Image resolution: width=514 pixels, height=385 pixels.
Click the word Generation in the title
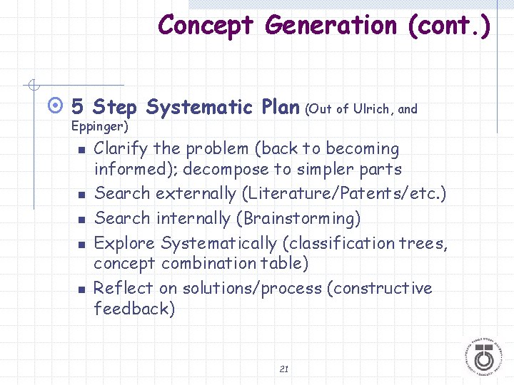pyautogui.click(x=331, y=26)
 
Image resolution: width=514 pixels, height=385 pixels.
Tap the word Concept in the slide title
pyautogui.click(x=206, y=26)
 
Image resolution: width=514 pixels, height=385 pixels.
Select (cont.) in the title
pyautogui.click(x=450, y=26)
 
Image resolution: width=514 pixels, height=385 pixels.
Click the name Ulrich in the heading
pyautogui.click(x=371, y=109)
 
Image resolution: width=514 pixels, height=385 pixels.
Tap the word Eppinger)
pyautogui.click(x=100, y=127)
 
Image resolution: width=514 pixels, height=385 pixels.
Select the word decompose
pyautogui.click(x=233, y=170)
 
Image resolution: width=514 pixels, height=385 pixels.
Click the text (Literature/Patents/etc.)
pyautogui.click(x=343, y=193)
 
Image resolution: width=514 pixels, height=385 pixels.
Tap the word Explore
pyautogui.click(x=125, y=243)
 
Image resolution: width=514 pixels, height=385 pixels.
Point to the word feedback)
pyautogui.click(x=134, y=309)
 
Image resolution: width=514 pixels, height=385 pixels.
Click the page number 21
pyautogui.click(x=284, y=369)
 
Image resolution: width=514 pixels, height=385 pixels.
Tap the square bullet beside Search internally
pyautogui.click(x=82, y=219)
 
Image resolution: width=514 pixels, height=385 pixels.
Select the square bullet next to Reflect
pyautogui.click(x=82, y=289)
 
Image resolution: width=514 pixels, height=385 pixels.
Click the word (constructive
pyautogui.click(x=379, y=288)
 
